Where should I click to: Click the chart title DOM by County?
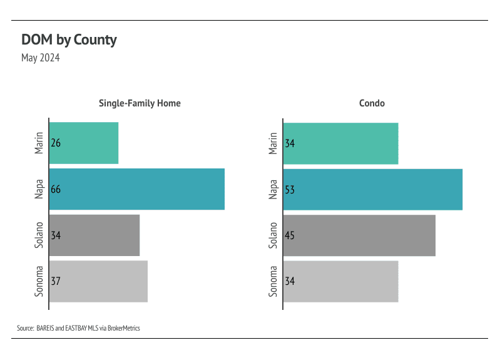tap(69, 40)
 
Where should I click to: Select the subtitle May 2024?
tap(41, 58)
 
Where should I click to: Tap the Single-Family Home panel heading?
tap(140, 103)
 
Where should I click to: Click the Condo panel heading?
tap(372, 103)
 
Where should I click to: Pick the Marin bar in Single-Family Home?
tap(84, 143)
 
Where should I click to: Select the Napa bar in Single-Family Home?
tap(136, 189)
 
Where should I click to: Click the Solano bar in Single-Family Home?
tap(94, 235)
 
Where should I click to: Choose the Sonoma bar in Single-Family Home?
tap(98, 281)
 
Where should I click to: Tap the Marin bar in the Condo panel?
tap(341, 143)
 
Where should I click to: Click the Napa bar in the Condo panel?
tap(373, 189)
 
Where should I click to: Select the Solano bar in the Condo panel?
tap(359, 235)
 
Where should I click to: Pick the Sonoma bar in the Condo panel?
tap(341, 281)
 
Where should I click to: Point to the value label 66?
tap(56, 189)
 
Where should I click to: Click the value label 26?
tap(56, 143)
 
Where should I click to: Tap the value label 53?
tap(290, 189)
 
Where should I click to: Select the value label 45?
tap(290, 235)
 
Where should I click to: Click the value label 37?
tap(56, 281)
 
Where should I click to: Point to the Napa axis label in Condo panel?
tap(273, 189)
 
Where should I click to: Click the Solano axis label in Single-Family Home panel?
tap(39, 235)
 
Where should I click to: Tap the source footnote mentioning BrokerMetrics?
tap(78, 328)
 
